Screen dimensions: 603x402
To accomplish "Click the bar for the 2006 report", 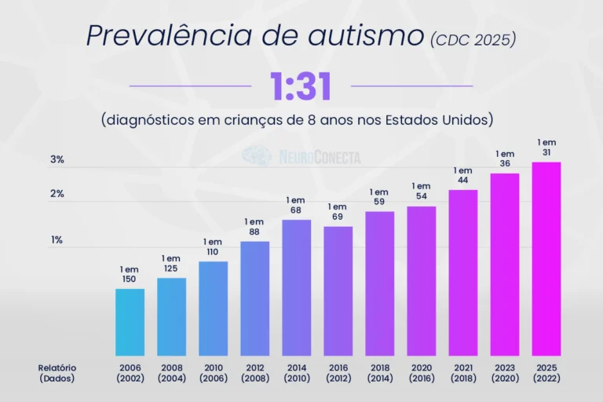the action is [x=130, y=323].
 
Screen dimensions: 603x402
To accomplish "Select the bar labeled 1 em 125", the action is [x=171, y=317].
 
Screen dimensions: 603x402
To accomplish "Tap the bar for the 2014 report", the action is [x=297, y=287].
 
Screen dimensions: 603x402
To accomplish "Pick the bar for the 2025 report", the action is [x=546, y=259].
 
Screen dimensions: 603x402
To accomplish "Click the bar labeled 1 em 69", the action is [x=338, y=291].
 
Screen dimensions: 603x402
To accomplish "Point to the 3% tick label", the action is [x=57, y=159].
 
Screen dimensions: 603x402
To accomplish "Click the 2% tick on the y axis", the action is [x=57, y=193].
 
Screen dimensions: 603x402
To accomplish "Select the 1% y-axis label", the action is [x=57, y=240].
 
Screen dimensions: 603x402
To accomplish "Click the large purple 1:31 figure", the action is [x=301, y=87].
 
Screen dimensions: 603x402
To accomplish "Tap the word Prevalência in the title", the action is [x=170, y=35].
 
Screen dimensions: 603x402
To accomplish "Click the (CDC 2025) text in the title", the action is [x=473, y=39].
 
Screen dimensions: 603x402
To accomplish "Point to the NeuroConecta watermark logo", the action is [x=301, y=156].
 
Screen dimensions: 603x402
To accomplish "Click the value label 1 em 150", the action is [x=130, y=274].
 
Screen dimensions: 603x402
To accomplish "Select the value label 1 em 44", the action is [x=463, y=175].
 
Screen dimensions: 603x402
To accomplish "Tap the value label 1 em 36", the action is [x=505, y=159].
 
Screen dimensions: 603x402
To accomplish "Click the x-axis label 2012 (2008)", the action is [x=255, y=373].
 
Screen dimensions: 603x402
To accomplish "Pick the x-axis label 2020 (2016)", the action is [x=422, y=373].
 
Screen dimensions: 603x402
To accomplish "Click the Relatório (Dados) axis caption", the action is [x=57, y=373].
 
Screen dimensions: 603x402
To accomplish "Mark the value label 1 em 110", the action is [x=213, y=247].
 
